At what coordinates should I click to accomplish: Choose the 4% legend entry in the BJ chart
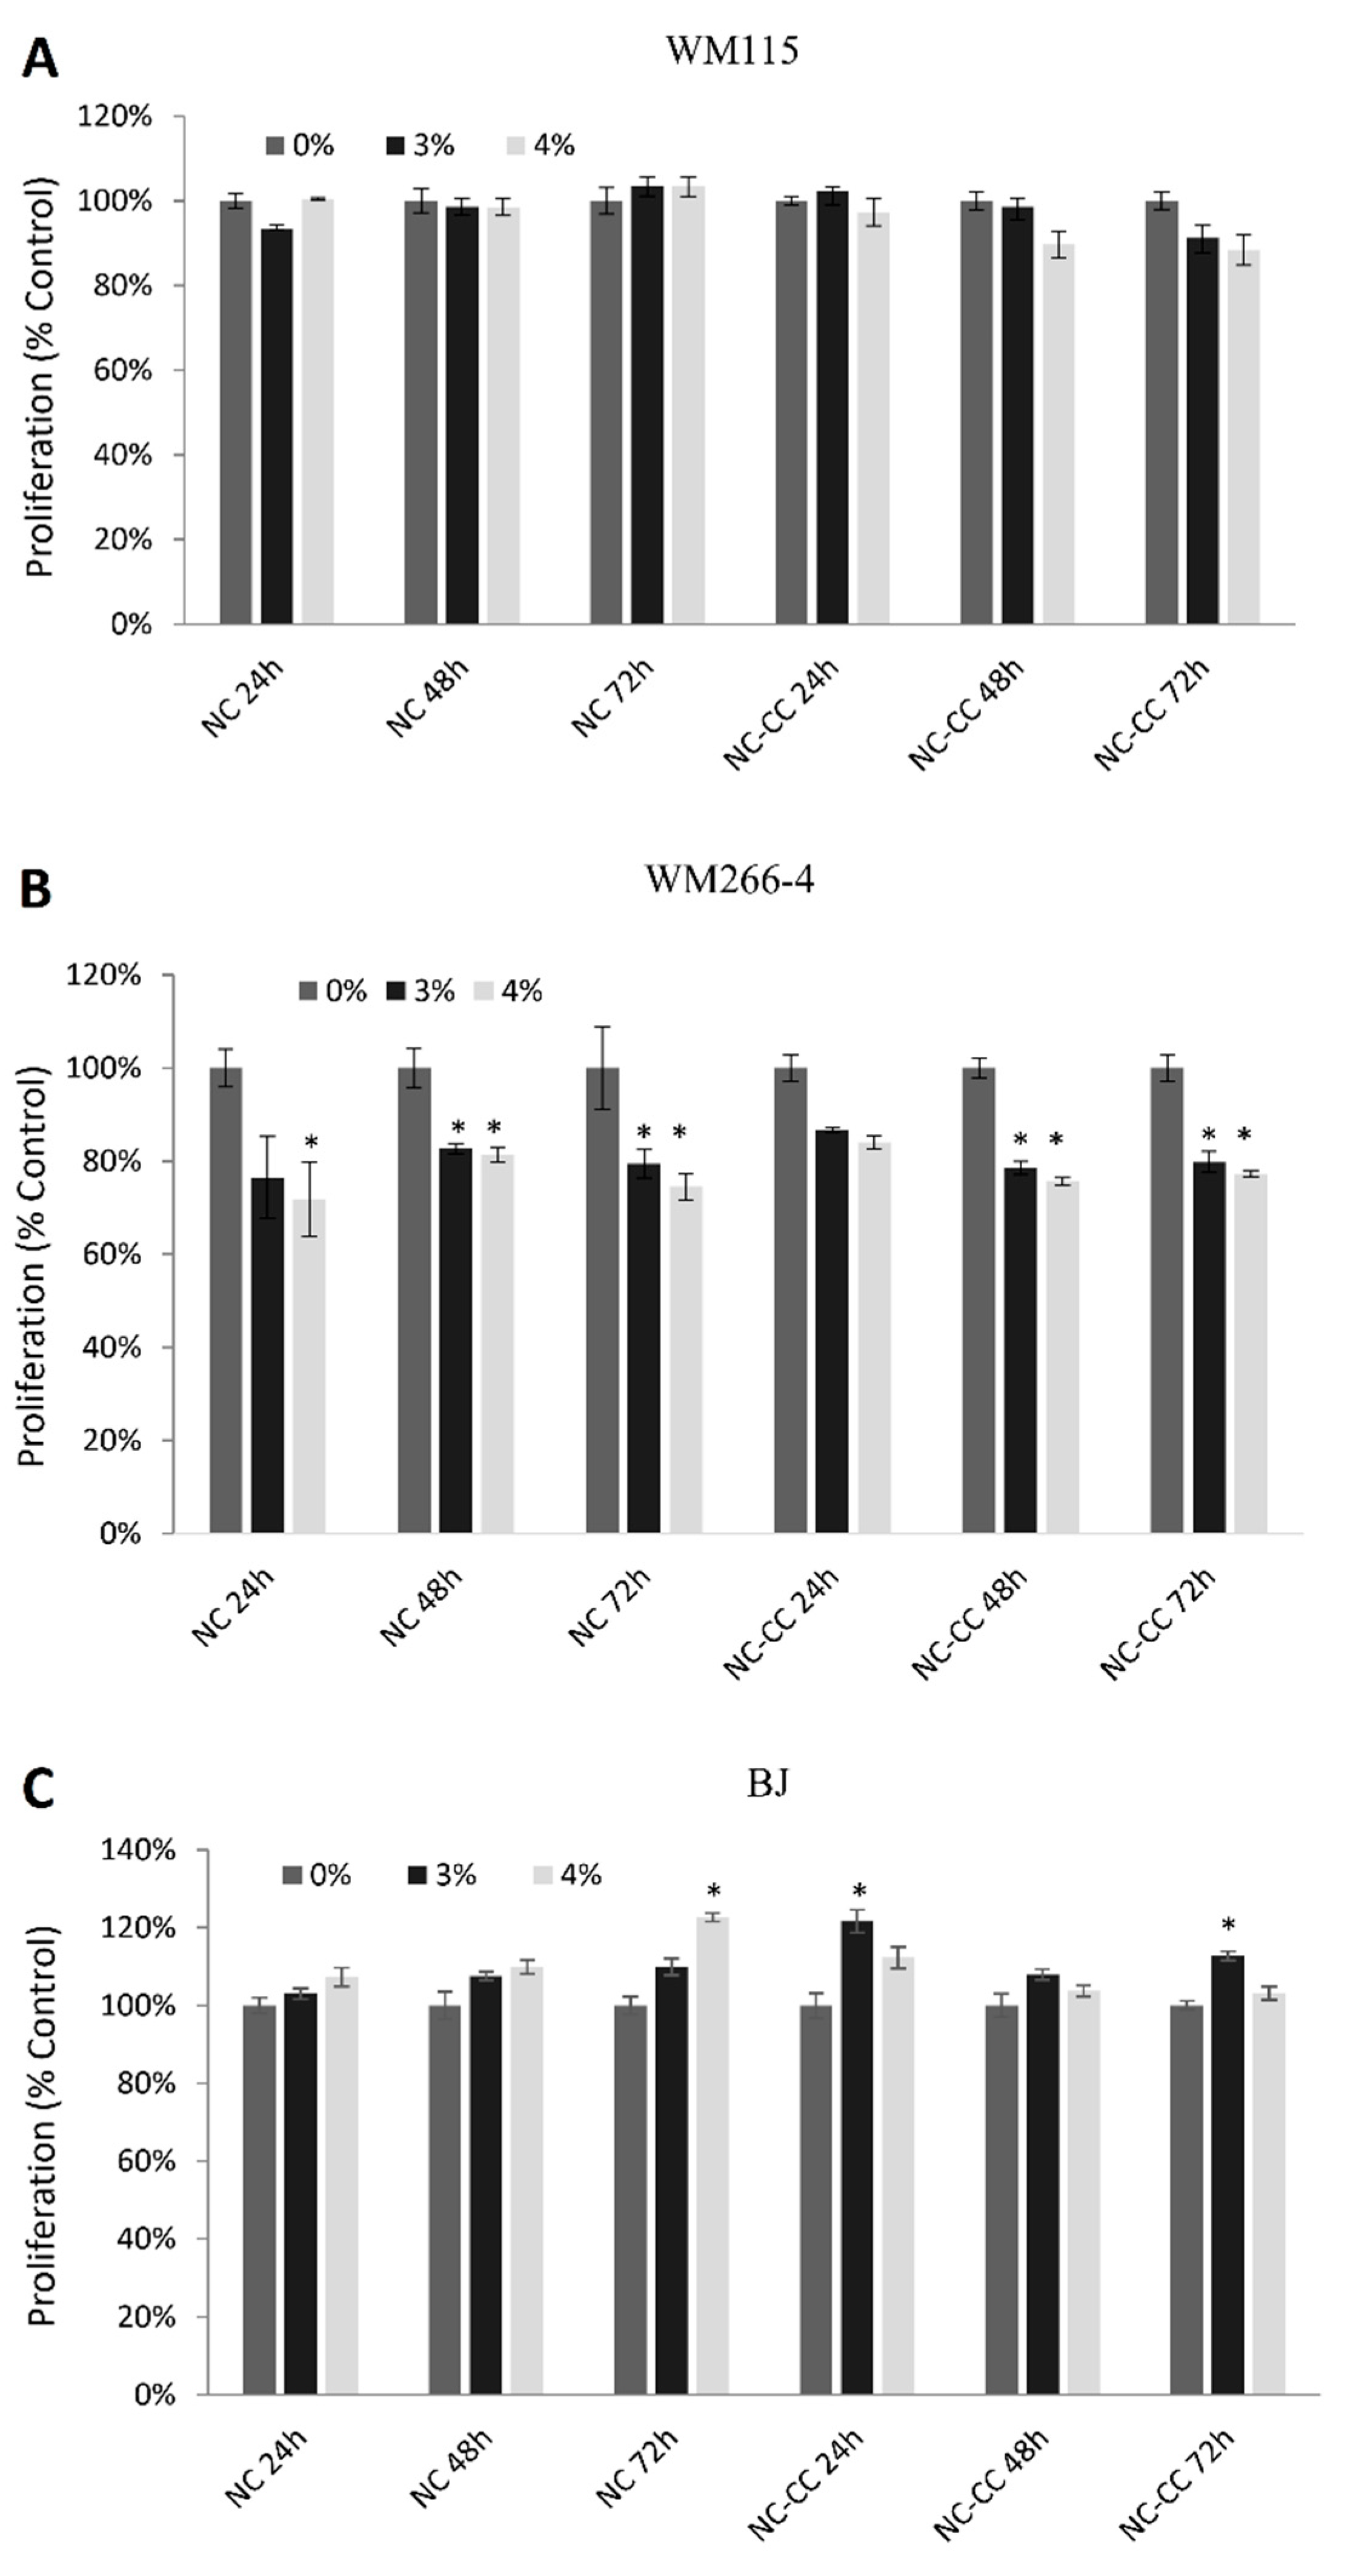[x=568, y=1875]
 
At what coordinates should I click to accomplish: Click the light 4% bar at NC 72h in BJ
[x=713, y=2156]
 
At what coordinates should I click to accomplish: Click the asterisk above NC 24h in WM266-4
[x=311, y=1141]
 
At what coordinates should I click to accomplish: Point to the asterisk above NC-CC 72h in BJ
[x=1229, y=1924]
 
